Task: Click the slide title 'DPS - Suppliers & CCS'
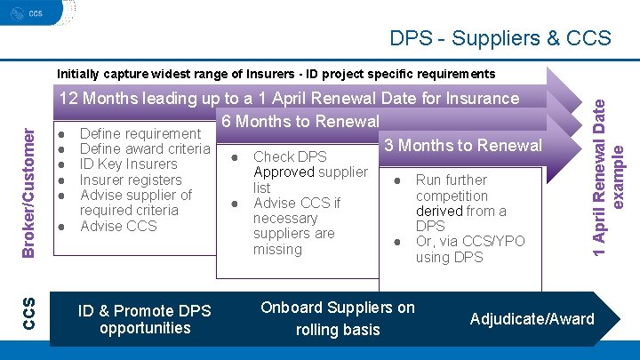[x=500, y=38]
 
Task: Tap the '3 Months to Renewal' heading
[x=460, y=145]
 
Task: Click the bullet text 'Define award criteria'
[x=145, y=148]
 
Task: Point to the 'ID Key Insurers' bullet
[x=128, y=164]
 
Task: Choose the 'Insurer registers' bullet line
[x=131, y=180]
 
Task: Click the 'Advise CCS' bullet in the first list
[x=118, y=226]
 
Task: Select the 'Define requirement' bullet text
[x=140, y=133]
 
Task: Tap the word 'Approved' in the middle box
[x=283, y=172]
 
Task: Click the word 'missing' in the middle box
[x=277, y=250]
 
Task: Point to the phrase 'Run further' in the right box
[x=452, y=180]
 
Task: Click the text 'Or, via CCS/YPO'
[x=470, y=242]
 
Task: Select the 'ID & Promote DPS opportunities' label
[x=145, y=319]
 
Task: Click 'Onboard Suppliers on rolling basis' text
[x=337, y=318]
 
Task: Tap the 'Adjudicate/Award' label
[x=532, y=319]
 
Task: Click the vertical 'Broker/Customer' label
[x=29, y=192]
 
